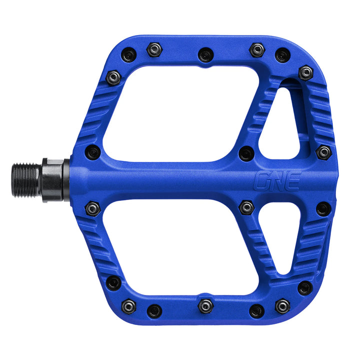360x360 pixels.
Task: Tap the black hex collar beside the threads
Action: point(54,179)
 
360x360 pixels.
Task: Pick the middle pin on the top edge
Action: point(205,54)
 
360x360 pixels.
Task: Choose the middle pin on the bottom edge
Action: point(205,304)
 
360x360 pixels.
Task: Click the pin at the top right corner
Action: point(305,72)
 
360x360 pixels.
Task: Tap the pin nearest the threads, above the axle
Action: point(92,151)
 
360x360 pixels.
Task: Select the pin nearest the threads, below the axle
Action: point(92,208)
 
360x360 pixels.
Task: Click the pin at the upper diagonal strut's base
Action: point(246,152)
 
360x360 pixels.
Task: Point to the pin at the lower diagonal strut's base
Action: point(246,206)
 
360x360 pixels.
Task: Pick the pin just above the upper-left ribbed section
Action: point(114,77)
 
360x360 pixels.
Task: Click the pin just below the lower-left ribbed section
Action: point(114,283)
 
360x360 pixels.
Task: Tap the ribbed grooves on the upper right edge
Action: point(320,112)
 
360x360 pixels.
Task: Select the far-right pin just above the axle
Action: point(323,152)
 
